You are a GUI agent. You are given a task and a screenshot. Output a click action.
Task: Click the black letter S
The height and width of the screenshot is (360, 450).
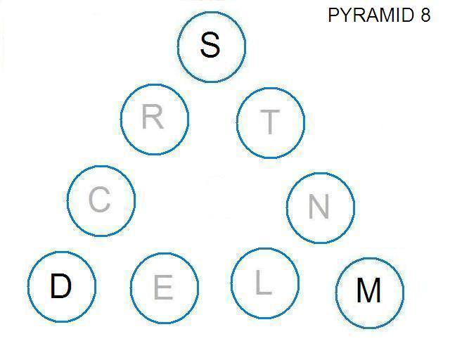[210, 45]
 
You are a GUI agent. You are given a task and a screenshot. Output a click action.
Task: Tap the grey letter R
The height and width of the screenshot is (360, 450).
[153, 117]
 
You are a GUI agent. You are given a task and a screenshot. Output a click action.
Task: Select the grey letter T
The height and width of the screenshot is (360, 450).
[270, 122]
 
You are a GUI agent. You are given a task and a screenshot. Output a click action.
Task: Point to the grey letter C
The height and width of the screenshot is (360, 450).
[100, 199]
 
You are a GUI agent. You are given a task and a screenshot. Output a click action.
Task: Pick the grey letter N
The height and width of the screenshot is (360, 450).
[319, 207]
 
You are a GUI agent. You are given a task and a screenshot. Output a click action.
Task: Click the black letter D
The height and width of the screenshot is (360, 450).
[61, 286]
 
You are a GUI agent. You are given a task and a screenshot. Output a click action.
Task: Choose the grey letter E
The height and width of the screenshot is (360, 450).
[164, 287]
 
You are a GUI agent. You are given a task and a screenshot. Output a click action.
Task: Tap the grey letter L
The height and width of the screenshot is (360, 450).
[264, 283]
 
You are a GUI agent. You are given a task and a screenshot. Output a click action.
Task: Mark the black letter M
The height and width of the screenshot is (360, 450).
[369, 290]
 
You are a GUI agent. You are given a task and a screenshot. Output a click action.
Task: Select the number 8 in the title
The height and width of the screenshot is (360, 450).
[425, 15]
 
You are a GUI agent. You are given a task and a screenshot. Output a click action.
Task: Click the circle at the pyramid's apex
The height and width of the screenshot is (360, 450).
[177, 47]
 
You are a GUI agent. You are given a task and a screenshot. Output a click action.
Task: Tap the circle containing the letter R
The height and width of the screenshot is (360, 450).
[120, 120]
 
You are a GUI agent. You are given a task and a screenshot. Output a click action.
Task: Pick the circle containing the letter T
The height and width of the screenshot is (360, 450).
[236, 123]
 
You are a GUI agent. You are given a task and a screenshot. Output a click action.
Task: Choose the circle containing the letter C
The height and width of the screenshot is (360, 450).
[67, 201]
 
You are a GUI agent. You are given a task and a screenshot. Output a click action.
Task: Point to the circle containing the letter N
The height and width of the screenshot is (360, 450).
[286, 208]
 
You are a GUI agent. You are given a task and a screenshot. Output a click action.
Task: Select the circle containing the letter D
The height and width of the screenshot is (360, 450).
[28, 286]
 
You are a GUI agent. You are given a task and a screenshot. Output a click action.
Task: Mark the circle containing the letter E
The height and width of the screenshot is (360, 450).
[130, 288]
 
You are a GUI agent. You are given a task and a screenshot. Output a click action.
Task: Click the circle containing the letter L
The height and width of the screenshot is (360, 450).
[231, 283]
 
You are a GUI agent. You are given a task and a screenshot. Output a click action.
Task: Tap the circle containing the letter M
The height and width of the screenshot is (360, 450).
[335, 292]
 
